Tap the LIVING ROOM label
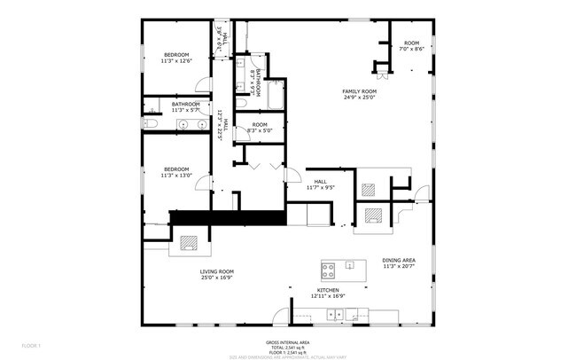click(216, 272)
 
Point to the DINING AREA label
click(400, 260)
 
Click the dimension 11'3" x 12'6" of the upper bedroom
click(175, 61)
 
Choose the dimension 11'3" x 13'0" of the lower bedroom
click(175, 175)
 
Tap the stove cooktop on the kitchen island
click(329, 267)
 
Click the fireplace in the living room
click(189, 242)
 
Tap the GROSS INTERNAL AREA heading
click(287, 340)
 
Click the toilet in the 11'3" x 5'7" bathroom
click(152, 124)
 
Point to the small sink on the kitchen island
click(348, 265)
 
